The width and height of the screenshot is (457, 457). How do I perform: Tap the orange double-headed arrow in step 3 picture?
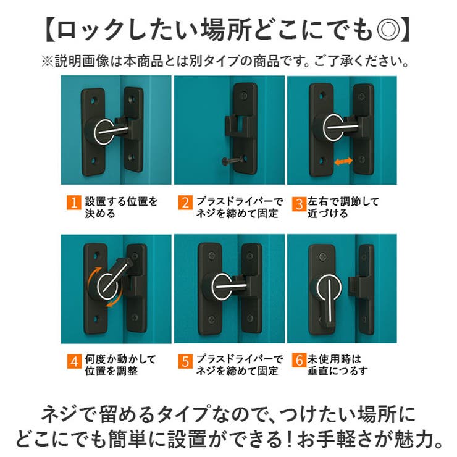[344, 161]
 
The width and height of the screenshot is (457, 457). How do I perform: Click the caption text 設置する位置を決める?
[120, 208]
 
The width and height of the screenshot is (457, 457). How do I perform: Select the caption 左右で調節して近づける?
[343, 208]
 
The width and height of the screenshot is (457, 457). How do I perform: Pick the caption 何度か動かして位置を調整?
[120, 366]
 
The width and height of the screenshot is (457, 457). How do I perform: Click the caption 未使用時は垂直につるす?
[337, 366]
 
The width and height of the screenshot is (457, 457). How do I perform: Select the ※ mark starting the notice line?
[47, 62]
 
